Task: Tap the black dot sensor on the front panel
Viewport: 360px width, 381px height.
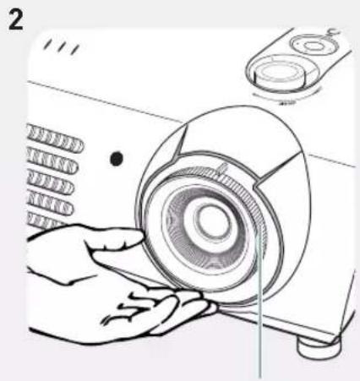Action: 117,158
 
